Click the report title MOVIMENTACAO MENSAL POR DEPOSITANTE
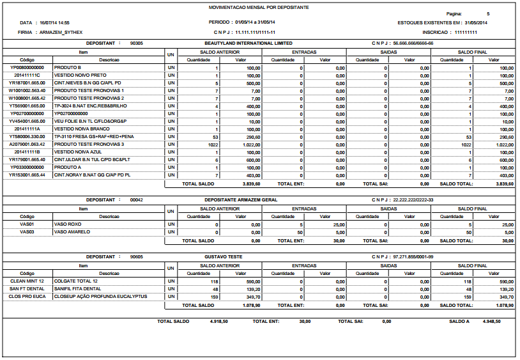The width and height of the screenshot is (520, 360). (259, 6)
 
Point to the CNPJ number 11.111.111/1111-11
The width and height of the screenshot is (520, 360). (256, 31)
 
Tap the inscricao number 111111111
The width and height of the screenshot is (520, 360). (466, 31)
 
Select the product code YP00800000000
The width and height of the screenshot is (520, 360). (27, 67)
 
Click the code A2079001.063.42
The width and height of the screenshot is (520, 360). (27, 145)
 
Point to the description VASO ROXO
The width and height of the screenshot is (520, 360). (67, 224)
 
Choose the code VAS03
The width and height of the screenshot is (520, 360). (27, 232)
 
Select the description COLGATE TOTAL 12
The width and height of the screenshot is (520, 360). (75, 281)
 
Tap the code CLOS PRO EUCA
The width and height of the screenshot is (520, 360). (27, 297)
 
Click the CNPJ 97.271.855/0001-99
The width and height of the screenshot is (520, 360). (413, 256)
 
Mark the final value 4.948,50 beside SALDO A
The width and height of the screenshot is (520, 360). (496, 321)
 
